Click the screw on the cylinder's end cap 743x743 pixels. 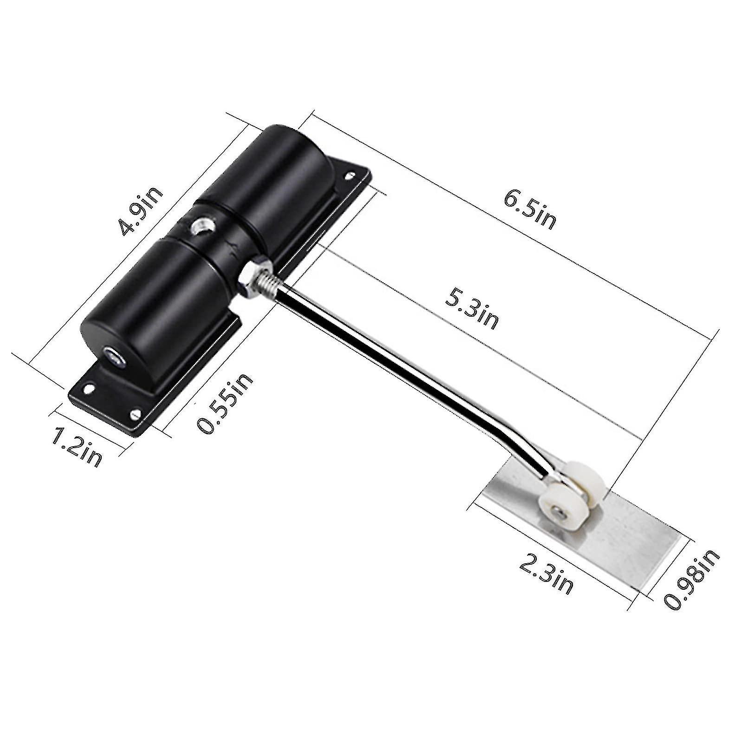click(x=112, y=355)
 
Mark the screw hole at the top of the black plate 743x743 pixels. click(x=349, y=176)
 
